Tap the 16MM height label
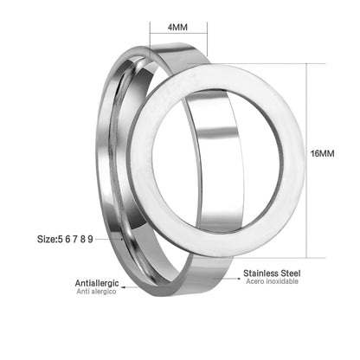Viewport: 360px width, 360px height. click(322, 153)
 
